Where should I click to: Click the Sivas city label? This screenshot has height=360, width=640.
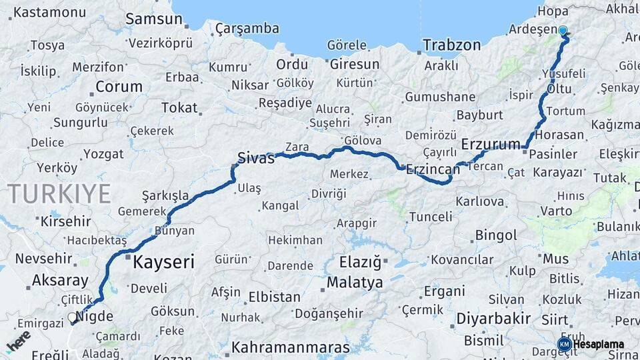[256, 159]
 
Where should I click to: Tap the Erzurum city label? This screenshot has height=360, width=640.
[491, 144]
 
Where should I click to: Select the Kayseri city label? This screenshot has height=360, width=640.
[163, 262]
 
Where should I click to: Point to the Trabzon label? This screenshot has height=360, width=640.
[451, 45]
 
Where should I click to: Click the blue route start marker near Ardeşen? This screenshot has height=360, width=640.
[563, 31]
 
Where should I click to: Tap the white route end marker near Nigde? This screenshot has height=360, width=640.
[72, 318]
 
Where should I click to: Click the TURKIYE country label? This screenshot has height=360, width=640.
[59, 194]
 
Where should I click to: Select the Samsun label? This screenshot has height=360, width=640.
[153, 19]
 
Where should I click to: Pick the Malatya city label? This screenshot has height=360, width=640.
[355, 283]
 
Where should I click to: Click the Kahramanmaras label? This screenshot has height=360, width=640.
[290, 347]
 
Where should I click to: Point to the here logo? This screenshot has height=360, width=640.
[19, 341]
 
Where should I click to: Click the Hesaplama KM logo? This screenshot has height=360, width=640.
[591, 344]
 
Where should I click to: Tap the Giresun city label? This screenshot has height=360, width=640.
[354, 65]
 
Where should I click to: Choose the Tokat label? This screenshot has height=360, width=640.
[179, 107]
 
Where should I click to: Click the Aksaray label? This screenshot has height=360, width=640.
[60, 280]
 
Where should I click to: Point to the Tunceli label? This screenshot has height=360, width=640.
[430, 217]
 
